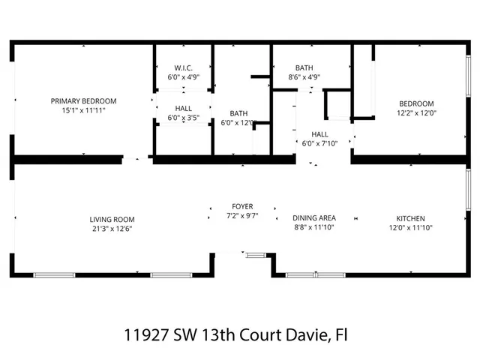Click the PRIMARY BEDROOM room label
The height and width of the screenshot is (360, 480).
pyautogui.click(x=83, y=100)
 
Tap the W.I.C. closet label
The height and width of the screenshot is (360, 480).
pyautogui.click(x=183, y=67)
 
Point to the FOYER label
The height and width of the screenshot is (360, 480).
pyautogui.click(x=241, y=206)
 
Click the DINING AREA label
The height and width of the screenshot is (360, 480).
pyautogui.click(x=313, y=218)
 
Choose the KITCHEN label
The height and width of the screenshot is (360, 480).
pyautogui.click(x=410, y=219)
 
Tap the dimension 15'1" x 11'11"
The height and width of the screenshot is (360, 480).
pyautogui.click(x=83, y=111)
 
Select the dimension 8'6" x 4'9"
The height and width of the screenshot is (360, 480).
pyautogui.click(x=304, y=76)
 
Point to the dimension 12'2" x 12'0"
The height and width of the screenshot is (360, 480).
pyautogui.click(x=415, y=113)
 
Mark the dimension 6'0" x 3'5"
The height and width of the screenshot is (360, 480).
pyautogui.click(x=183, y=118)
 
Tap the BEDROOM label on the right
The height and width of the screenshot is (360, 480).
pyautogui.click(x=415, y=103)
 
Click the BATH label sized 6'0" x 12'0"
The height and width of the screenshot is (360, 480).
pyautogui.click(x=238, y=112)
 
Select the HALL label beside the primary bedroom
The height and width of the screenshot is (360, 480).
pyautogui.click(x=183, y=108)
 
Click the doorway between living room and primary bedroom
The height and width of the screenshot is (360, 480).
pyautogui.click(x=136, y=159)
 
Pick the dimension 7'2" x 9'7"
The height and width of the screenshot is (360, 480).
pyautogui.click(x=241, y=216)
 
